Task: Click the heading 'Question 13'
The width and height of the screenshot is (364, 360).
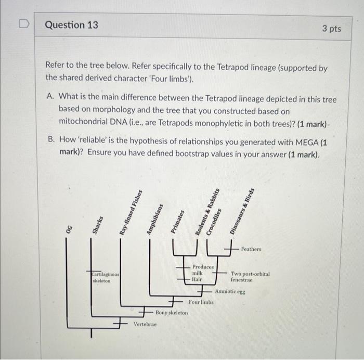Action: [71, 25]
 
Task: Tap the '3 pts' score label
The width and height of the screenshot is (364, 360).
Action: [331, 28]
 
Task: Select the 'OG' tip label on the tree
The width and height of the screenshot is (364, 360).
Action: [69, 229]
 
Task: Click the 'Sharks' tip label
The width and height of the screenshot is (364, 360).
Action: [97, 225]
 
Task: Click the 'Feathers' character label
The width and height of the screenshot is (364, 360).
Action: [251, 249]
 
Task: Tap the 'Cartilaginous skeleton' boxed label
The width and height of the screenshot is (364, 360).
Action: [106, 277]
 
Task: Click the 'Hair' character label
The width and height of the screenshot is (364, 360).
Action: [197, 279]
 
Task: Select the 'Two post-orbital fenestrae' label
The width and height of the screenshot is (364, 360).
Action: [250, 277]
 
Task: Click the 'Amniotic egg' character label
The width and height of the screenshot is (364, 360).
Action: [230, 292]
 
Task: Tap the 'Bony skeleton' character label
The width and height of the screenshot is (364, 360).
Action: [172, 313]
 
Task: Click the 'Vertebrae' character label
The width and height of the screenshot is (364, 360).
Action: [145, 324]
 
